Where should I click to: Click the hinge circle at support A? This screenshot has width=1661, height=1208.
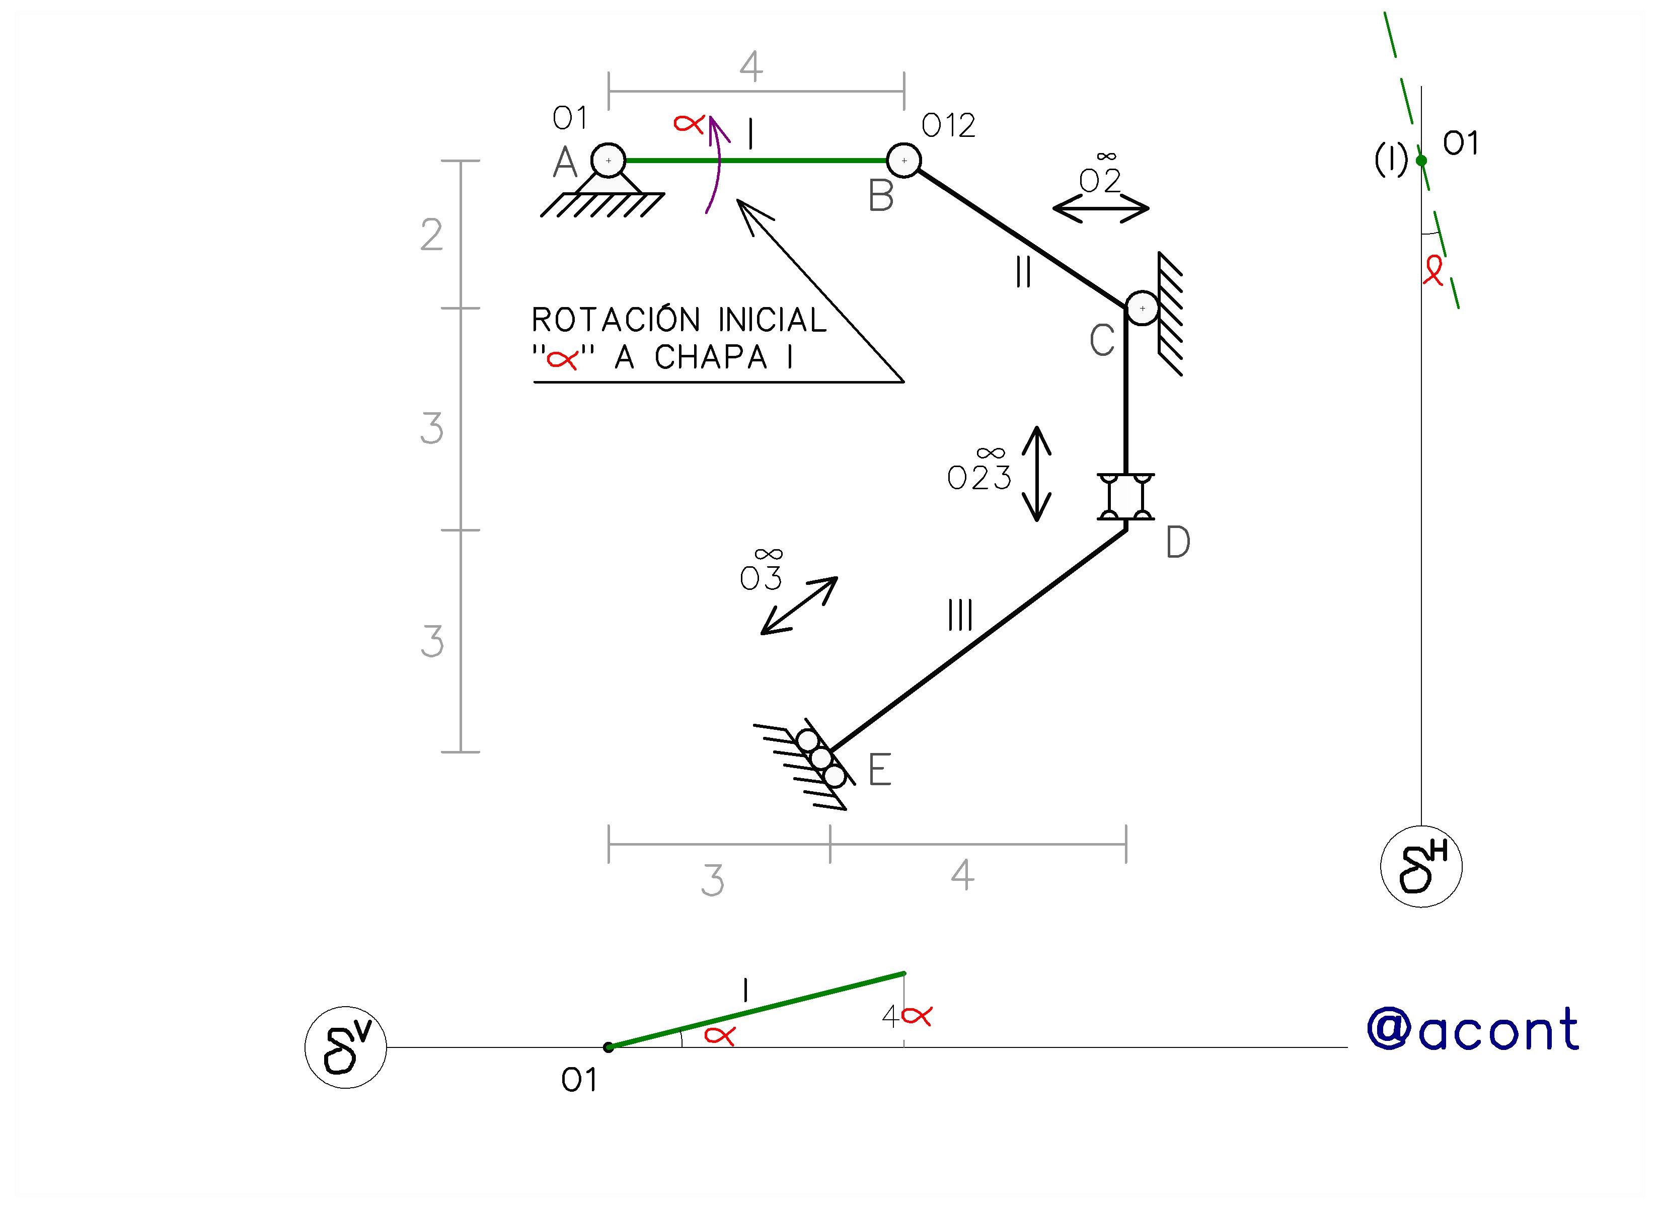608,161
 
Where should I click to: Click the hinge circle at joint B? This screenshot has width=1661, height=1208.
904,161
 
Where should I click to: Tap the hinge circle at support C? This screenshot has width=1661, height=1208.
1142,309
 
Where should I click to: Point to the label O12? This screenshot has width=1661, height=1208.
948,126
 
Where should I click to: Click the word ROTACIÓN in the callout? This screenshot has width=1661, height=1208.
617,320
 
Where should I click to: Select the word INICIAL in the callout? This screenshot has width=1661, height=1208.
773,320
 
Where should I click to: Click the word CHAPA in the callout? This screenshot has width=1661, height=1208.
710,357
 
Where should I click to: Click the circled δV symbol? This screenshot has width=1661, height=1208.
346,1047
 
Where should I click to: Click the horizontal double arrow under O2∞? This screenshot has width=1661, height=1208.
1101,209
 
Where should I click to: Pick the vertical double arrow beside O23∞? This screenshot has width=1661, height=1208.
1037,474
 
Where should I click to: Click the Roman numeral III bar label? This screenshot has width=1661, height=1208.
960,616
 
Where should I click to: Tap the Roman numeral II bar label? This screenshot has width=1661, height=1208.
1024,272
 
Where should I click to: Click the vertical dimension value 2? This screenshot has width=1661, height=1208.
431,235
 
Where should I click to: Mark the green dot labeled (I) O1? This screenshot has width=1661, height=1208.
1421,161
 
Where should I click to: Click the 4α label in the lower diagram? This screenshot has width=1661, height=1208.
907,1017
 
